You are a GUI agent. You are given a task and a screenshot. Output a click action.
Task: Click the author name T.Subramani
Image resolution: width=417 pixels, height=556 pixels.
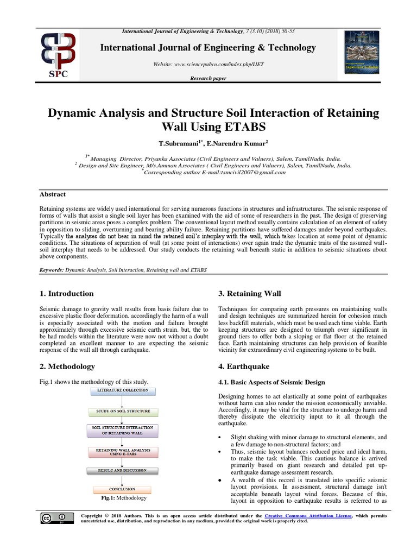181,144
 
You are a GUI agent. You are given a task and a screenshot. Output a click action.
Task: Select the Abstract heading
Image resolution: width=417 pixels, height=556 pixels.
53,194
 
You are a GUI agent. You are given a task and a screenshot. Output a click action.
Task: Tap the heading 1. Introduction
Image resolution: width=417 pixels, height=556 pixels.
67,294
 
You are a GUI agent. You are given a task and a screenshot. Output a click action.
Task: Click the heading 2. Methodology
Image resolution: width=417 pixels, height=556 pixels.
68,367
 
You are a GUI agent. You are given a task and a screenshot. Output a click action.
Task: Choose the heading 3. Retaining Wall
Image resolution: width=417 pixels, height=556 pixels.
249,294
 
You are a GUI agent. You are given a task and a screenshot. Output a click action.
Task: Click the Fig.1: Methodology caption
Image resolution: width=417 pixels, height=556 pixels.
122,498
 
